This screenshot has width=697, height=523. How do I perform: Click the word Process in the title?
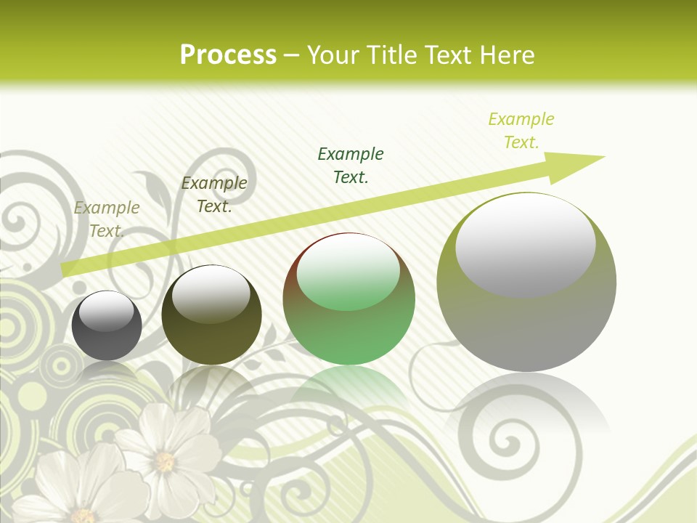[228, 55]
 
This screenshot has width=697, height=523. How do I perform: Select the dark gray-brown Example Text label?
[213, 195]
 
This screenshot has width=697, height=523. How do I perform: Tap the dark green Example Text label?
[351, 165]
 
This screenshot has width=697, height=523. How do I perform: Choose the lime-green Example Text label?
[521, 130]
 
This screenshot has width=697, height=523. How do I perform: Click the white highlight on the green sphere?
[348, 272]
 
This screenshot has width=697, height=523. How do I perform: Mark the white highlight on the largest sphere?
[525, 243]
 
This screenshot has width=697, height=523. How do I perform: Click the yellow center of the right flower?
[165, 461]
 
